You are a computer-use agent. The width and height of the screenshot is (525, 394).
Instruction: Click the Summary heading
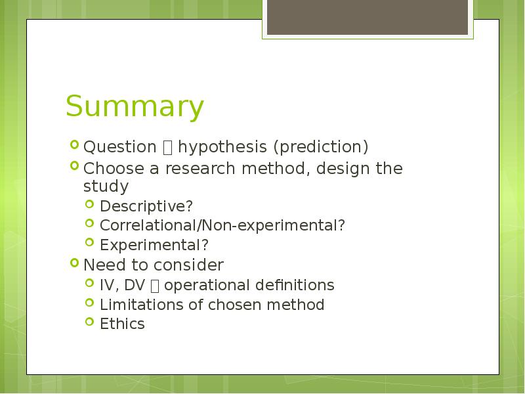click(135, 106)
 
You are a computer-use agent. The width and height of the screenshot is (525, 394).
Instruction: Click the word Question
click(120, 146)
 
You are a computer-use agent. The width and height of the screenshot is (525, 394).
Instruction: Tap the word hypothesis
click(222, 146)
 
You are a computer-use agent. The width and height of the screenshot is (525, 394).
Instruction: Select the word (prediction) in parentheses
click(321, 146)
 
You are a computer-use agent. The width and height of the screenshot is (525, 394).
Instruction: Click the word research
click(200, 168)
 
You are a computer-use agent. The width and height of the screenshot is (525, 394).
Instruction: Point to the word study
click(106, 186)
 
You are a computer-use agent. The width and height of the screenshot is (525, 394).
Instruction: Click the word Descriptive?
click(146, 206)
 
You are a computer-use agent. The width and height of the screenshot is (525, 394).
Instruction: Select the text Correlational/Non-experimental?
click(222, 225)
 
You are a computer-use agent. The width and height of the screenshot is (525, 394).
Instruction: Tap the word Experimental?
click(154, 245)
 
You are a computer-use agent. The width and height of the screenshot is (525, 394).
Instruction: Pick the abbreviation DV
click(135, 285)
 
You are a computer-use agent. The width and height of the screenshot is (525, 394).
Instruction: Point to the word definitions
click(295, 285)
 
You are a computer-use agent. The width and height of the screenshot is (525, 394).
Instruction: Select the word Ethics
click(122, 324)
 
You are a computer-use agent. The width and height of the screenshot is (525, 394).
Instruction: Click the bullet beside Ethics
click(89, 322)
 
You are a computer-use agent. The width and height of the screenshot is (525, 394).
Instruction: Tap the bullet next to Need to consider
click(74, 262)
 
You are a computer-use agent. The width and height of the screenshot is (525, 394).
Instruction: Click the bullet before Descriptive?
click(89, 204)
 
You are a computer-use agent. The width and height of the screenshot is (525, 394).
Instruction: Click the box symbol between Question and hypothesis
click(167, 148)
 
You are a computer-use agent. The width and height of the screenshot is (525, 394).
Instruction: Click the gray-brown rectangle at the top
click(367, 17)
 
